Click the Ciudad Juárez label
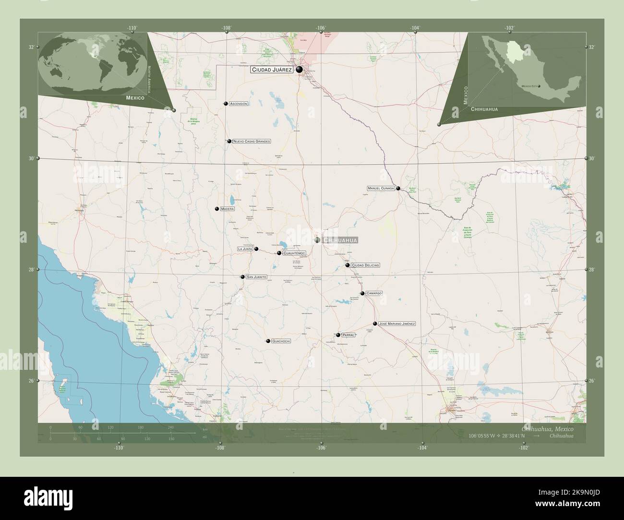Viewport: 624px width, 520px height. click(271, 70)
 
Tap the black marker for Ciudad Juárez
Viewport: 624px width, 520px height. click(300, 70)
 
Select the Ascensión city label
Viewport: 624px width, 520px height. click(239, 104)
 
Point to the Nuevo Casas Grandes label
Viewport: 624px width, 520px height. click(252, 142)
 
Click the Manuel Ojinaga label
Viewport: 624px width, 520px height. click(381, 189)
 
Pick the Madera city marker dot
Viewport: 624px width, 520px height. click(217, 209)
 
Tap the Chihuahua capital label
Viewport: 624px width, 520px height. click(340, 240)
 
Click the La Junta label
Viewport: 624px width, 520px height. click(245, 249)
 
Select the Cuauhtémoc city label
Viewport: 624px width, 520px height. click(294, 253)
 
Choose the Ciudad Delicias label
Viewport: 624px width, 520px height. click(366, 265)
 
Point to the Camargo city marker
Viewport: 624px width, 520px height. click(362, 293)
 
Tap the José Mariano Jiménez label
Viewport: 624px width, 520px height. click(397, 324)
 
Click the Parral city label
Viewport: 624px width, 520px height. click(348, 335)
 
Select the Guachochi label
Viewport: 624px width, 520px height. click(282, 341)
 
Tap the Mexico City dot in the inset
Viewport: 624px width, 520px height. click(539, 86)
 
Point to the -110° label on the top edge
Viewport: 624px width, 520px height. click(132, 28)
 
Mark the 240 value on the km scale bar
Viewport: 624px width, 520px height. click(170, 427)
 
